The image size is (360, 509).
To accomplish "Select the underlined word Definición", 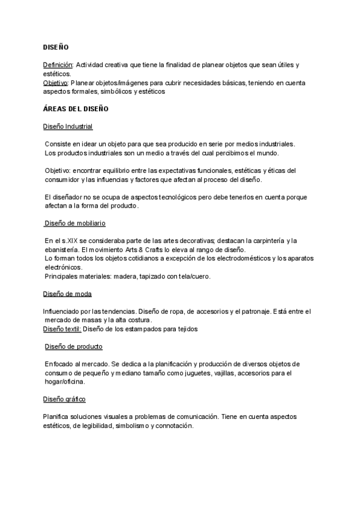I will pos(58,64).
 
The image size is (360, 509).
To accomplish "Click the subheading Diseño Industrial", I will pos(68,127).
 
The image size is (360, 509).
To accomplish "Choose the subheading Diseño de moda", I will pos(67,294).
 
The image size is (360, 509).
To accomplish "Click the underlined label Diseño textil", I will pos(62,329).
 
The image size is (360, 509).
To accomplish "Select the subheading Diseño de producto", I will pos(74,346).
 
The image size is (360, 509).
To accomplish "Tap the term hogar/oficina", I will pos(65,382).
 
